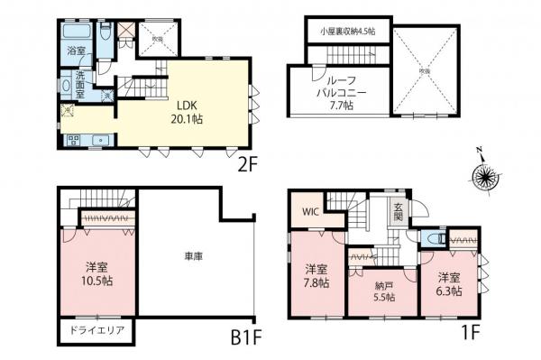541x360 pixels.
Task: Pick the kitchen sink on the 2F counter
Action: [x=100, y=140]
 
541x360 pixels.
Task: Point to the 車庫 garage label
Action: [x=192, y=257]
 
